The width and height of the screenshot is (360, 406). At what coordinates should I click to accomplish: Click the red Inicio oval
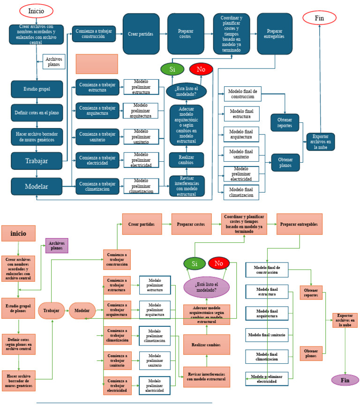pyautogui.click(x=36, y=11)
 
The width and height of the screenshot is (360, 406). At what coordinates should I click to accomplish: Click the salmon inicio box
pyautogui.click(x=19, y=233)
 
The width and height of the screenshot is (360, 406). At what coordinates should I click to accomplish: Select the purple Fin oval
pyautogui.click(x=345, y=380)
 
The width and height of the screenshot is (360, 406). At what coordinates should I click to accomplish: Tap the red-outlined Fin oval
pyautogui.click(x=319, y=18)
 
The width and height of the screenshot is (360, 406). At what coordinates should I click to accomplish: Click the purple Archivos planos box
pyautogui.click(x=57, y=246)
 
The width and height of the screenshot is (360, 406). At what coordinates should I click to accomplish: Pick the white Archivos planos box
pyautogui.click(x=54, y=61)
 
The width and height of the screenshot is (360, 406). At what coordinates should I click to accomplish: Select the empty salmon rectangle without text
pyautogui.click(x=97, y=64)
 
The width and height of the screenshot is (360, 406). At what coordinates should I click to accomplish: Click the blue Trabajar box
pyautogui.click(x=37, y=161)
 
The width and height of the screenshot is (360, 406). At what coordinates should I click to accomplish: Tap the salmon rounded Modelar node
pyautogui.click(x=82, y=310)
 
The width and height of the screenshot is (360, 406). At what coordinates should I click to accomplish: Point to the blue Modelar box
pyautogui.click(x=37, y=186)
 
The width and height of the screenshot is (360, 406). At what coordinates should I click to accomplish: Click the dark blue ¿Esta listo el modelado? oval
pyautogui.click(x=186, y=90)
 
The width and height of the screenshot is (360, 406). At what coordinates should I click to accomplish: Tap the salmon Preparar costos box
pyautogui.click(x=191, y=224)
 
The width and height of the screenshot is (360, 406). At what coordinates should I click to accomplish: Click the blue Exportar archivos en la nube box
pyautogui.click(x=321, y=142)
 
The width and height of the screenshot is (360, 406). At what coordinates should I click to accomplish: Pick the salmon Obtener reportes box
pyautogui.click(x=311, y=293)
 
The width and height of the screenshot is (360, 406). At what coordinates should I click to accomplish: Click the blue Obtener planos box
pyautogui.click(x=285, y=162)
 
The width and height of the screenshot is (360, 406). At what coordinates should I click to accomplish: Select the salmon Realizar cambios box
pyautogui.click(x=206, y=345)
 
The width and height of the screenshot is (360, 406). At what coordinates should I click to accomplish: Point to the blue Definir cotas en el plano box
pyautogui.click(x=37, y=113)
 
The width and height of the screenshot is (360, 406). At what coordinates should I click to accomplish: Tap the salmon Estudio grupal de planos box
pyautogui.click(x=19, y=308)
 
